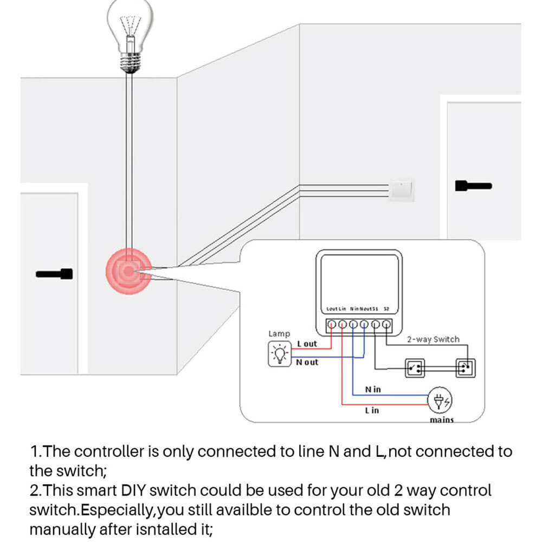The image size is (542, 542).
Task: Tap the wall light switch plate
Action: [402, 190]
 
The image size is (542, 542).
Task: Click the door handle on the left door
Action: [54, 274]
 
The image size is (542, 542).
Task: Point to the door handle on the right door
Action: [473, 186]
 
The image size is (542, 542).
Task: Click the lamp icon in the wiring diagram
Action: [280, 354]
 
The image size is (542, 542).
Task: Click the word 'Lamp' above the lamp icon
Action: [279, 334]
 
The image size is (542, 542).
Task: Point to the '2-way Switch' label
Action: [433, 340]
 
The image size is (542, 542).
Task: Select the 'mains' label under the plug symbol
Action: [441, 420]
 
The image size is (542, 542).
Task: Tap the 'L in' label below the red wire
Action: [372, 410]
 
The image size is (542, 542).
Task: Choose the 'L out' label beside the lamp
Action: [307, 344]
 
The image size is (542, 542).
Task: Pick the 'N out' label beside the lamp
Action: [307, 362]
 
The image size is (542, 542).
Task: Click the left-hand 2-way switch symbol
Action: [416, 368]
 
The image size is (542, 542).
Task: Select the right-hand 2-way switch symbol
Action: [464, 368]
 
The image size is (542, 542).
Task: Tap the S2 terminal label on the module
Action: [386, 309]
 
